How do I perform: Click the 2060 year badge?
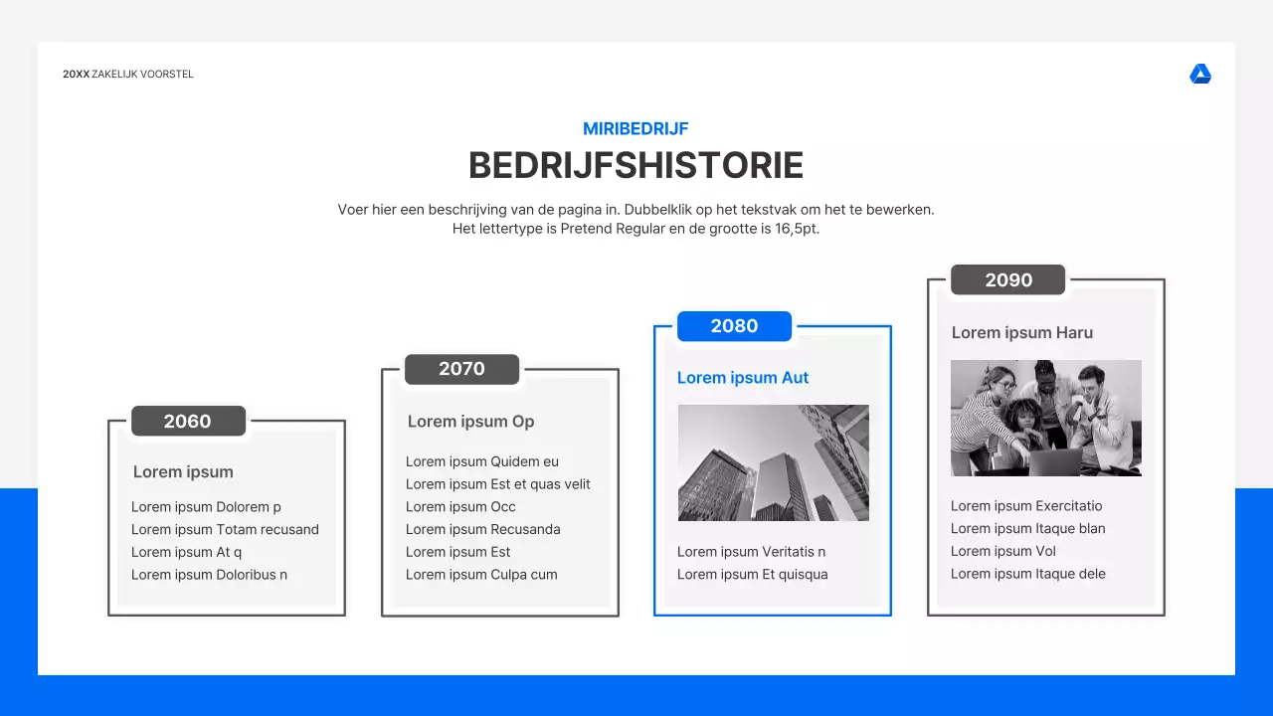(188, 421)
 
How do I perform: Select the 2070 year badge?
(461, 369)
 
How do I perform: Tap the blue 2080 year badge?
(734, 326)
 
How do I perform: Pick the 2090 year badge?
(1007, 280)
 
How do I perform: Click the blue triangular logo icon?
(1200, 75)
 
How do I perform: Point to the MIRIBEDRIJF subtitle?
(636, 128)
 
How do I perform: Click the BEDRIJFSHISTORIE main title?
(636, 166)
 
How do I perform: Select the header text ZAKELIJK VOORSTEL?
(142, 75)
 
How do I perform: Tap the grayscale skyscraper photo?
(773, 462)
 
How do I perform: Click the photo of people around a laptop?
(1045, 418)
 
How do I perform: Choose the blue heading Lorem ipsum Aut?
(743, 378)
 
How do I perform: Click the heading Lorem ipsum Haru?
(1021, 333)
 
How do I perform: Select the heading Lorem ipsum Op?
(470, 422)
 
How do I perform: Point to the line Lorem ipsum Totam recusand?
(225, 530)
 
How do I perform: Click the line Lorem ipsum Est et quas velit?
(497, 484)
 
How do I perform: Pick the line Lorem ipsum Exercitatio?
(1026, 506)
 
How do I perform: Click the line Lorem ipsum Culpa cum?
(481, 575)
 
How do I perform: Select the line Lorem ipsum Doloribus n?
(209, 575)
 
